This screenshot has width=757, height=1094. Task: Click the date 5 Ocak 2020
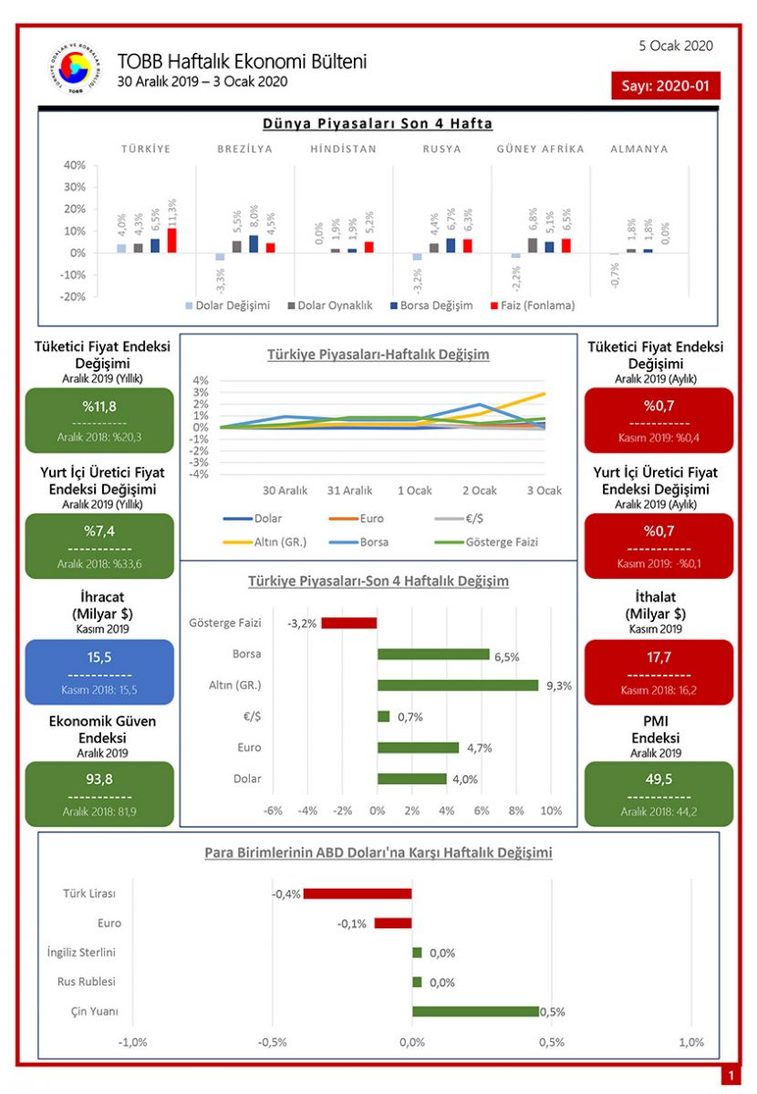pos(677,46)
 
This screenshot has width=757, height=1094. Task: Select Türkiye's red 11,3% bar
pos(171,240)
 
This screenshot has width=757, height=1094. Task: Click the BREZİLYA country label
pos(244,149)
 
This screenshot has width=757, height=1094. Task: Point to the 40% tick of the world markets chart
pos(75,165)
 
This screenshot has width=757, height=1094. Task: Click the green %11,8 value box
pos(100,420)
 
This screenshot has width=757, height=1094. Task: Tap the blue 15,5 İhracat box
pos(100,672)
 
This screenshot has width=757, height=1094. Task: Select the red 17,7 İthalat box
pos(658,672)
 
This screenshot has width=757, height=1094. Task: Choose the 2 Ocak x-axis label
pos(478,490)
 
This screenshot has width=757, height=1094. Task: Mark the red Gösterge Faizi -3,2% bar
pos(348,624)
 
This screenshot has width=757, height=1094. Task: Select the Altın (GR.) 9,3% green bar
pos(458,685)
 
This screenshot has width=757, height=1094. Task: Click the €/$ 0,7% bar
pos(383,717)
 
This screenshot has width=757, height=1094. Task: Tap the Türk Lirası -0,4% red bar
pos(358,893)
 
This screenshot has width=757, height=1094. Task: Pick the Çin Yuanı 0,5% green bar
pos(475,1011)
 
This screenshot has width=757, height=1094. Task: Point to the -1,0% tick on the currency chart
pos(134,1042)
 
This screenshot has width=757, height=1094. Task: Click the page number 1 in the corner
pos(730,1077)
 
